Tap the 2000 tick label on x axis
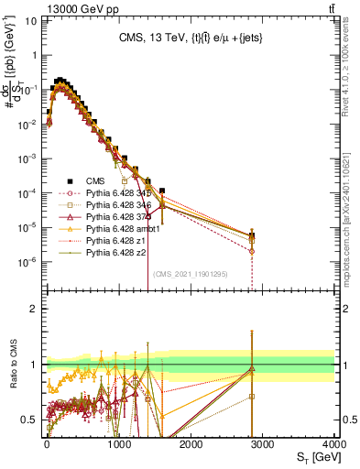[x=191, y=443]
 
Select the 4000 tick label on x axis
[x=334, y=443]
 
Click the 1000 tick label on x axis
[x=118, y=443]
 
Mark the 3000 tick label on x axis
[x=263, y=443]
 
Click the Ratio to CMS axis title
[x=12, y=363]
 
